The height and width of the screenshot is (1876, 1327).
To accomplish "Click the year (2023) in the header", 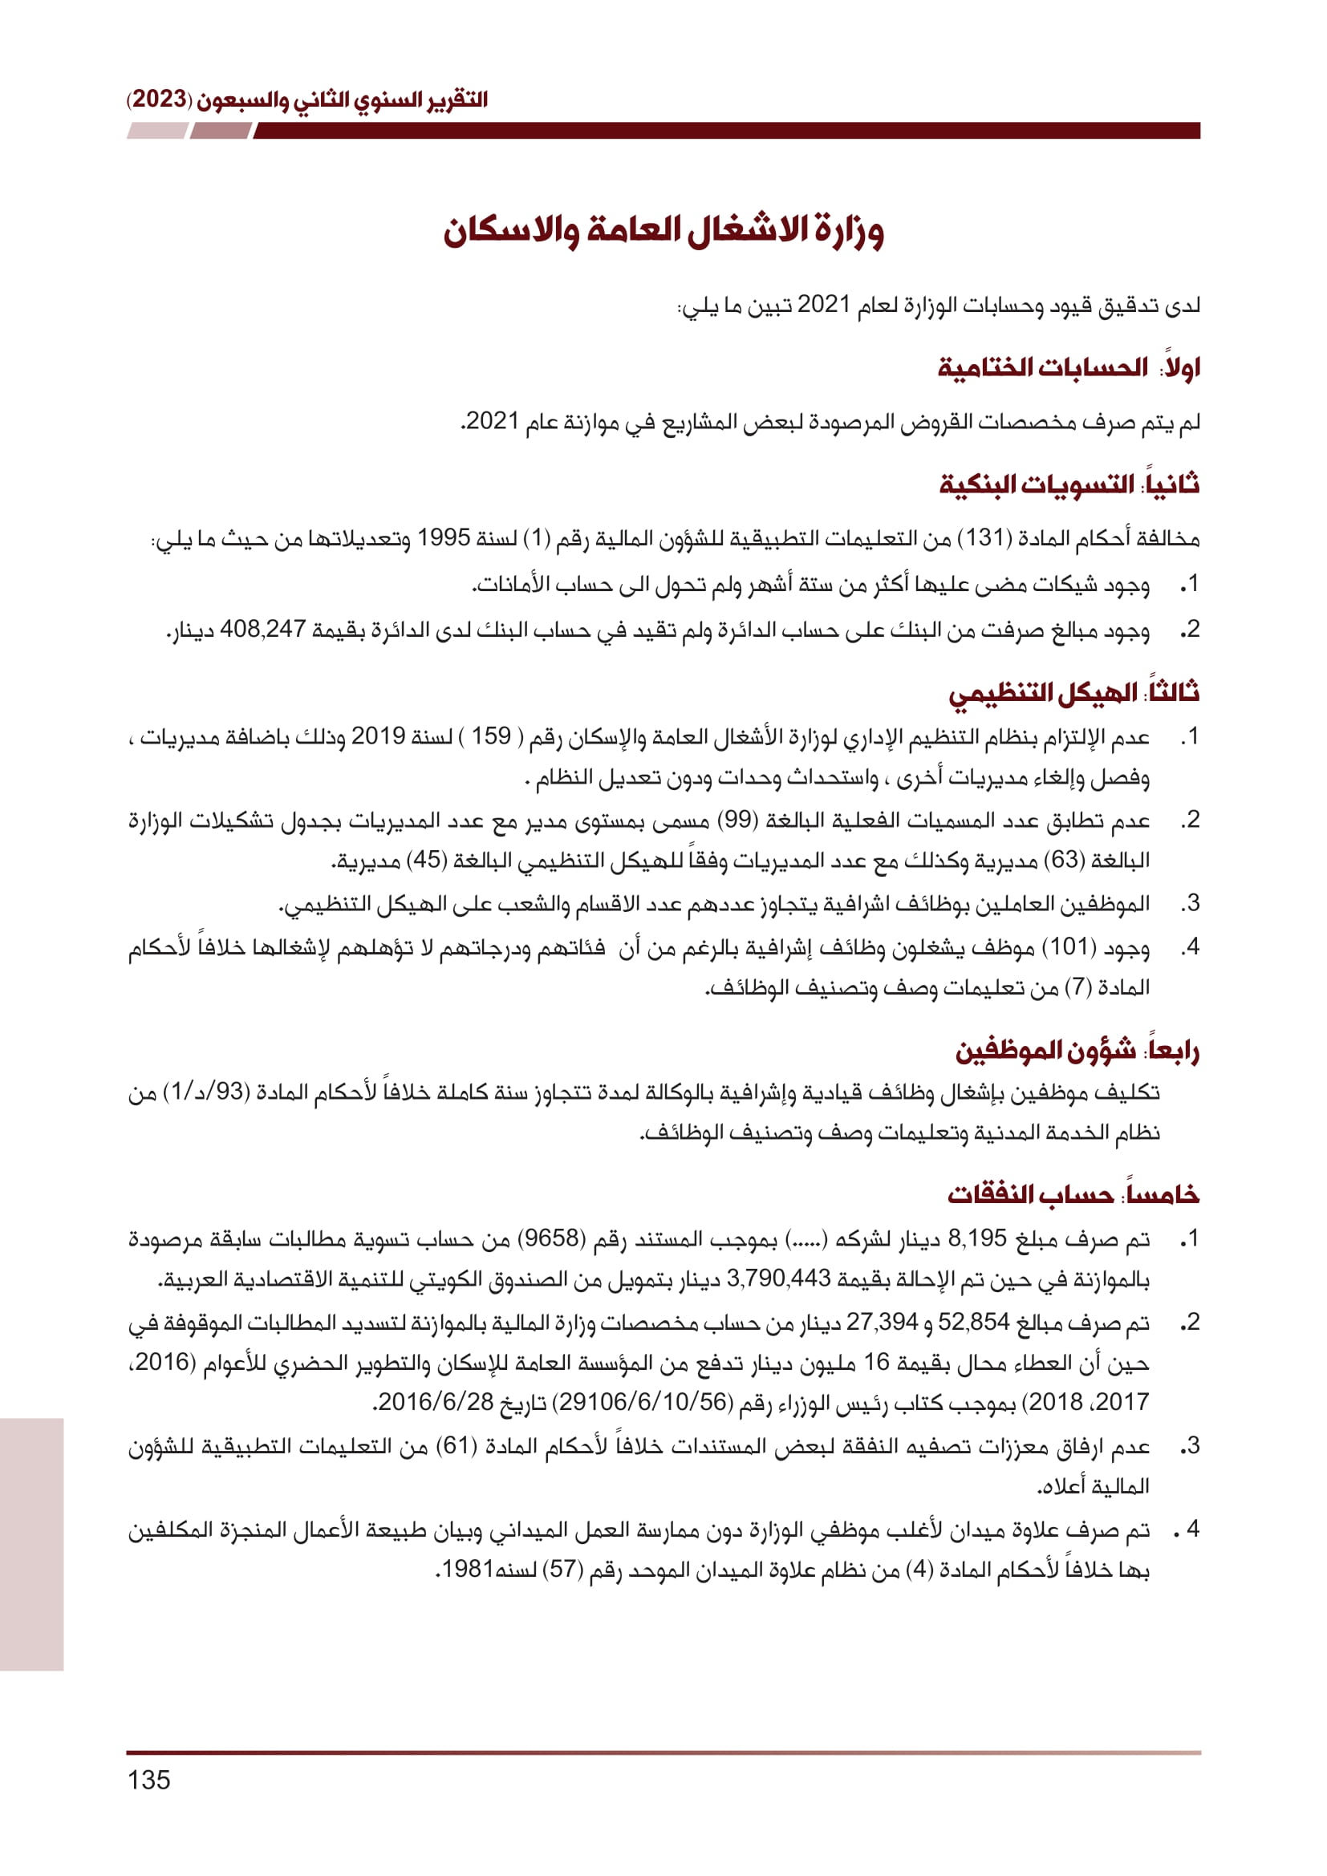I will coord(160,99).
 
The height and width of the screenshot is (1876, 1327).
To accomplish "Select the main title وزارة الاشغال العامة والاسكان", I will coord(663,230).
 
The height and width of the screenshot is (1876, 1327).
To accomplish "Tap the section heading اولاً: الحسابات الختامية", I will coord(1069,367).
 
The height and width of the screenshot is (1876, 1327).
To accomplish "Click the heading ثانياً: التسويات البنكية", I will coord(1069,484).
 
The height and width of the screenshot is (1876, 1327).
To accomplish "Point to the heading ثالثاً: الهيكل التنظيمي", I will coord(1073,693).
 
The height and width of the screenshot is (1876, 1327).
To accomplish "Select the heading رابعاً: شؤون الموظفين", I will coord(1077,1051).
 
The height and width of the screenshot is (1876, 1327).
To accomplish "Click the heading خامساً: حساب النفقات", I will coord(1073,1194).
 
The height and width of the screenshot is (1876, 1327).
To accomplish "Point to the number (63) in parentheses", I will coord(1065,860).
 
